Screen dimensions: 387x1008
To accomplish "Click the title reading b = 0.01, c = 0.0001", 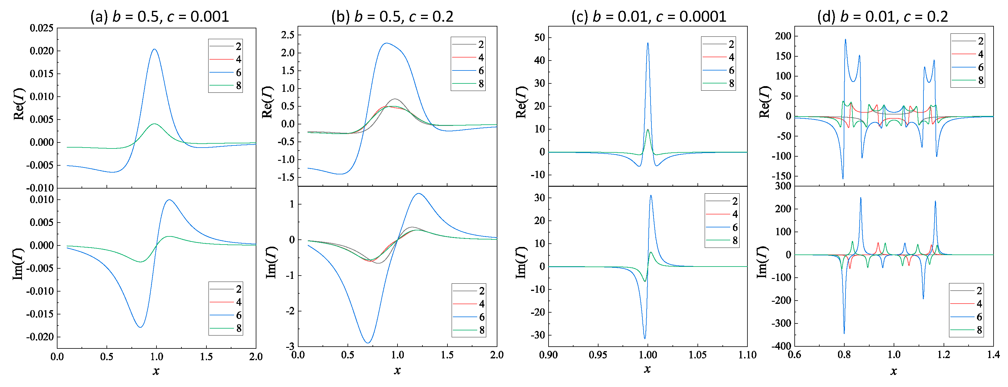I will [648, 17].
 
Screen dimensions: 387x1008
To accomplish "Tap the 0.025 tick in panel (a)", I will [42, 28].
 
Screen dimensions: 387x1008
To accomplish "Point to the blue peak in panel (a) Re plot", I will [154, 49].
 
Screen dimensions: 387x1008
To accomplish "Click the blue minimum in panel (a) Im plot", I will [140, 327].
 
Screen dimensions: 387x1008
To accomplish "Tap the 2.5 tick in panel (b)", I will [288, 35].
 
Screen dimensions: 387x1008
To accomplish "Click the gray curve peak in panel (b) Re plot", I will [395, 99].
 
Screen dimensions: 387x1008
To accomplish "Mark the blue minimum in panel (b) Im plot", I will [367, 343].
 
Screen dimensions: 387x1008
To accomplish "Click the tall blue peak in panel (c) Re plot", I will [648, 43].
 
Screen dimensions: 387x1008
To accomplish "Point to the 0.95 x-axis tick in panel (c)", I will [598, 355].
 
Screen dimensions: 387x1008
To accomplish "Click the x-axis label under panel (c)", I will [647, 369].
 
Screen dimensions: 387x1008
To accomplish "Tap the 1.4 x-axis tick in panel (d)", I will [993, 355].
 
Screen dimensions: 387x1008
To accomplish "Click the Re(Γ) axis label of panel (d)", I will [764, 102].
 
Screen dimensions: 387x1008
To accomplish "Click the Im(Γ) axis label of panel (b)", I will [271, 262].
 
